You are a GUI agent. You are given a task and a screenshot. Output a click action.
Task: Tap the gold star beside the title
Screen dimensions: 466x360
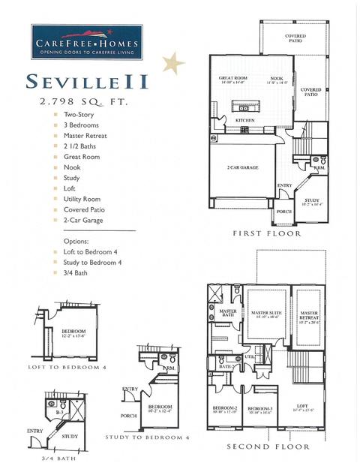pos(173,62)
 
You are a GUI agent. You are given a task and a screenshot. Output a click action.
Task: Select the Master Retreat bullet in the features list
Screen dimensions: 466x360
pos(88,136)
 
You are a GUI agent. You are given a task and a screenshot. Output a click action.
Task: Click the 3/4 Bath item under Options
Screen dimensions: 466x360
pos(76,273)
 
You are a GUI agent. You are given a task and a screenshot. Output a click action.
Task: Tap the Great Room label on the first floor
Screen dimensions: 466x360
pos(232,80)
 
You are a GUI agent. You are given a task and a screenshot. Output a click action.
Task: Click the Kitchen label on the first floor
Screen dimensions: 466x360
pos(245,120)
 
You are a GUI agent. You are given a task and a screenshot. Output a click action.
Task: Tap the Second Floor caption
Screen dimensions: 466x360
pos(268,447)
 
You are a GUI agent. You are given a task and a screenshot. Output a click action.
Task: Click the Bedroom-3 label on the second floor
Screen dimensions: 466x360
pos(259,408)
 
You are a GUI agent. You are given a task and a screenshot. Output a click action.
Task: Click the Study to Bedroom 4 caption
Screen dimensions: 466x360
pos(148,437)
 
